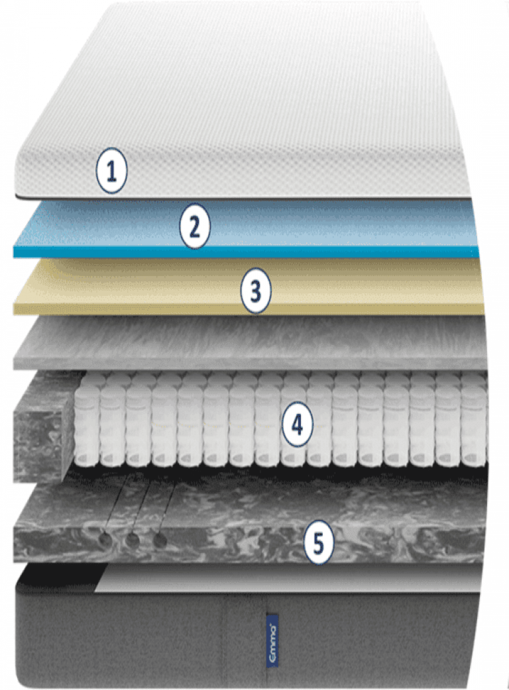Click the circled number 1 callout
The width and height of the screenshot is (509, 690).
[x=111, y=172]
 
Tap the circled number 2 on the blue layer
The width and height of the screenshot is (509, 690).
[x=194, y=227]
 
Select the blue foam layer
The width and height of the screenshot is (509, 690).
[x=331, y=222]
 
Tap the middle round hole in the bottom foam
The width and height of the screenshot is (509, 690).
[x=132, y=540]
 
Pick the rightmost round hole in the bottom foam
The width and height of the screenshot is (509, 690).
[x=160, y=540]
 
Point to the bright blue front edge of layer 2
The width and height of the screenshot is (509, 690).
[x=199, y=252]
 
